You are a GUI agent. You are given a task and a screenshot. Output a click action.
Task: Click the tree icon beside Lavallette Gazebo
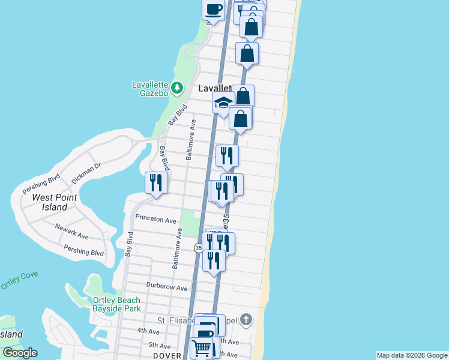click(x=176, y=89)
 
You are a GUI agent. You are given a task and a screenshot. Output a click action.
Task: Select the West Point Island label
click(x=50, y=202)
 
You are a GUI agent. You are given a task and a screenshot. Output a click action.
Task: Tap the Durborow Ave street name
click(x=166, y=287)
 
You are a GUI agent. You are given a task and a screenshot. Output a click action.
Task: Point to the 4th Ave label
click(x=148, y=331)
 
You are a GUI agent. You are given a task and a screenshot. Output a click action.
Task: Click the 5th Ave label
click(x=160, y=346)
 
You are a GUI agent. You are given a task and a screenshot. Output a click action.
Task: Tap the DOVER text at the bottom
click(x=167, y=356)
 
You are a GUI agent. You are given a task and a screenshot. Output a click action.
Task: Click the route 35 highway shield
click(x=198, y=248)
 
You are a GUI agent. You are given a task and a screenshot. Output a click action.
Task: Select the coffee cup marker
click(x=214, y=10)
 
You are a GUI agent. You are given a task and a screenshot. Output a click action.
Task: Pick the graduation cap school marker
click(x=223, y=103)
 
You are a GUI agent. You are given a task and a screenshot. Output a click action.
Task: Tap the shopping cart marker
click(x=201, y=347)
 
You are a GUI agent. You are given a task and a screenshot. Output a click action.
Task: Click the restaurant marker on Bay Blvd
click(x=156, y=183)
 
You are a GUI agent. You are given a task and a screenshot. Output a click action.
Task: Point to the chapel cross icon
click(x=246, y=320)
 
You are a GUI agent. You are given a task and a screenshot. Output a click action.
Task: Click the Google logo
click(x=20, y=353)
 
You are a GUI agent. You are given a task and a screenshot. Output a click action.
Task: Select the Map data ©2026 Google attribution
click(x=412, y=355)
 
